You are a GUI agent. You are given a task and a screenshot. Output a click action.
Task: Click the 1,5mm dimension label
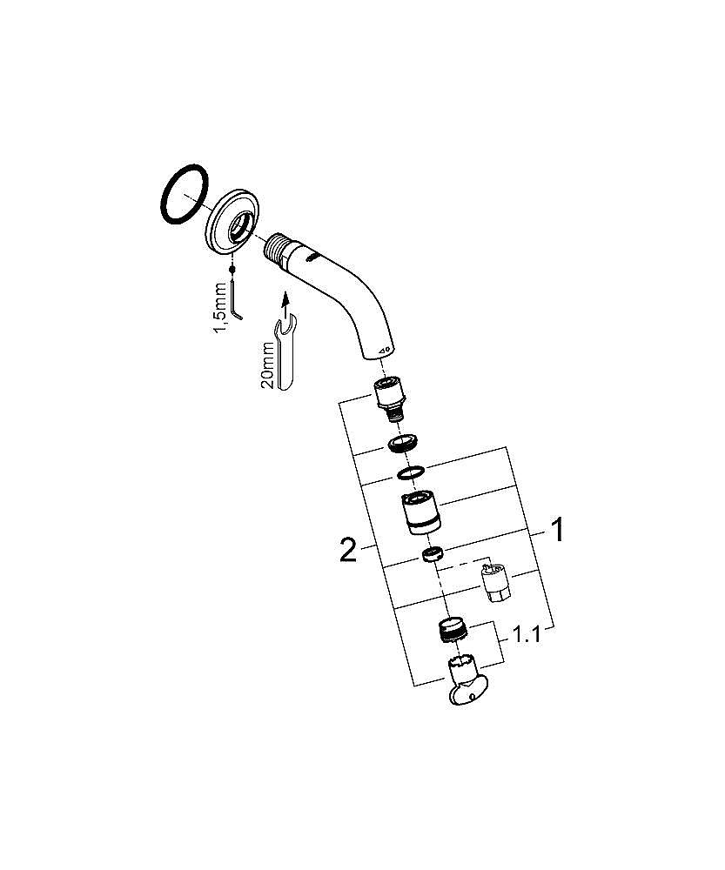(221, 308)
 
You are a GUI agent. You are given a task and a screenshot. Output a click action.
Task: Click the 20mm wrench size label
(267, 365)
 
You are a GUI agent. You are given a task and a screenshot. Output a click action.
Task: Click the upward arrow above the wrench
(285, 303)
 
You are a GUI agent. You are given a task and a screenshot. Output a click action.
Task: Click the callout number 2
(348, 549)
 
